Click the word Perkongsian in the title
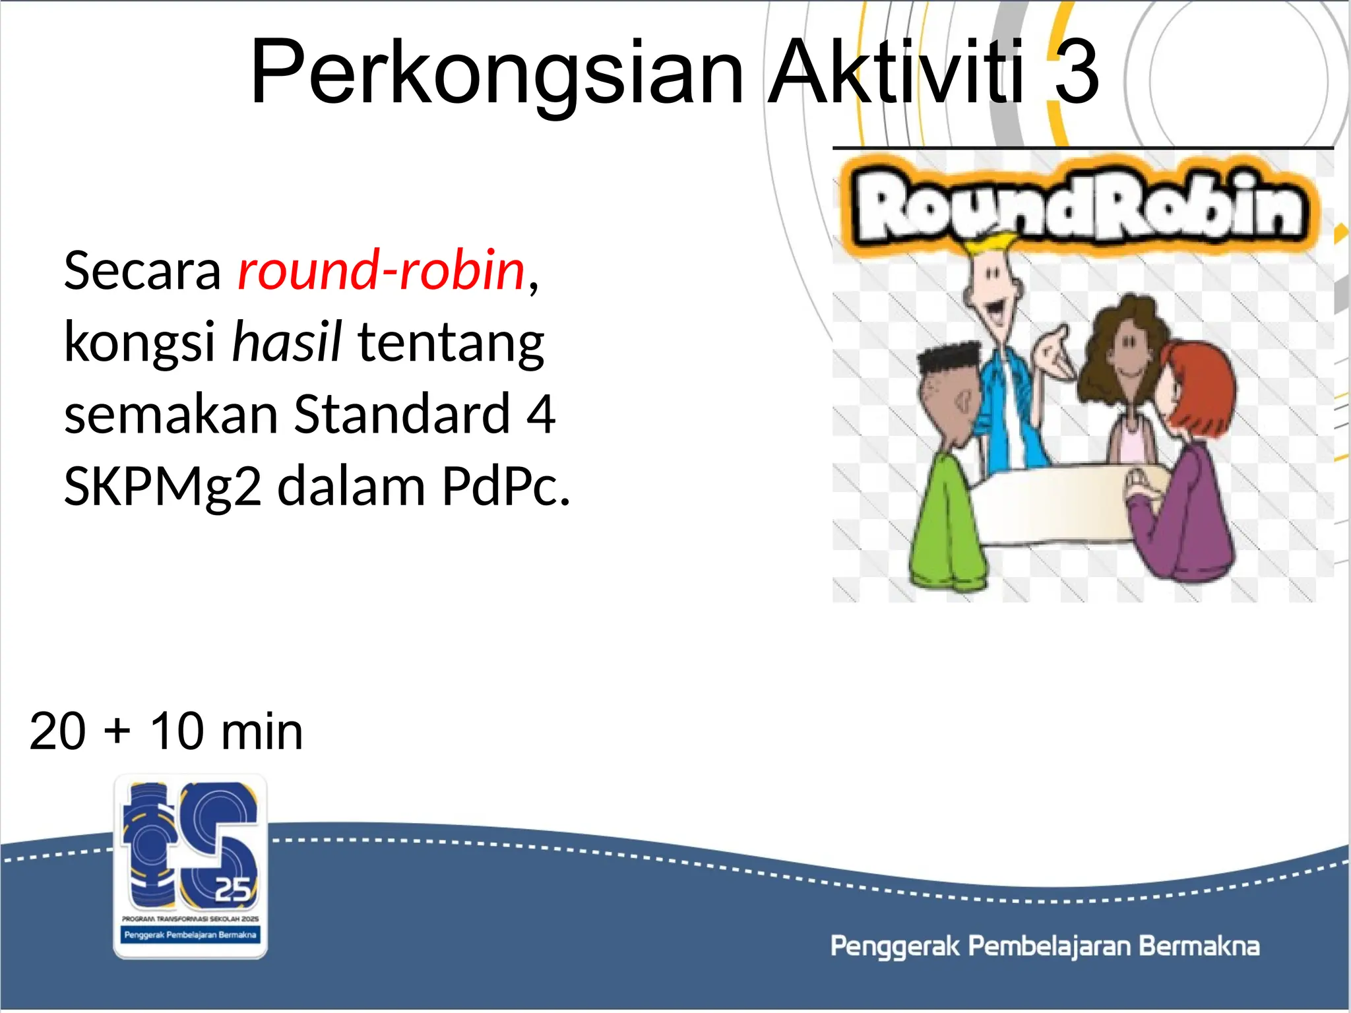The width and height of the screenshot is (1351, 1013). coord(496,73)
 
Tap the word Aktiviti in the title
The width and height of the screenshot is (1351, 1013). coord(897,73)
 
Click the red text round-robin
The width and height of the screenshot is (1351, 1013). coord(381,270)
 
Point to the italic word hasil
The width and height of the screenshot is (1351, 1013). coord(287,342)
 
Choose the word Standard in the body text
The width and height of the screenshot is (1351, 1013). coord(402,414)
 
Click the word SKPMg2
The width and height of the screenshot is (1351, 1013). coord(162,487)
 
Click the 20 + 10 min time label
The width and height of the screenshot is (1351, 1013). coord(166,731)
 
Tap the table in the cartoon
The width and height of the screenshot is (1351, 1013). coord(1055,501)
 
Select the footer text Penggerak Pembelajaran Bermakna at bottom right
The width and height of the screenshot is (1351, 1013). coord(1044,946)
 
